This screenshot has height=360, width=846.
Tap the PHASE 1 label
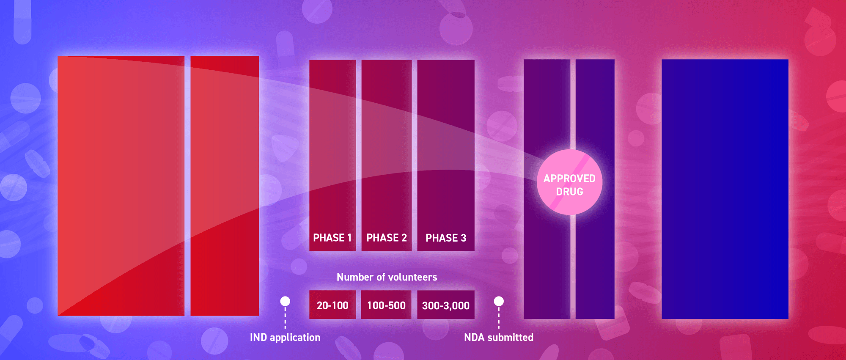332,238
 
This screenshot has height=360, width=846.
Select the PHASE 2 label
387,238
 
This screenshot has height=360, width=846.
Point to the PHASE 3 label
446,238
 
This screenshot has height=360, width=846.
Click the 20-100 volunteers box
332,305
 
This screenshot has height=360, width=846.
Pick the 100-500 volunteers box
386,305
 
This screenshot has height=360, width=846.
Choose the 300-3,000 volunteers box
446,305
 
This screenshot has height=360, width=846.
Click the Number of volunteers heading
387,277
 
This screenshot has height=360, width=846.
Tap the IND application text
285,338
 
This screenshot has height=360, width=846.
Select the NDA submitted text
499,338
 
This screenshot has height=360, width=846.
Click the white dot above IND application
285,301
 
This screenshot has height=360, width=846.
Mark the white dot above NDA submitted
499,301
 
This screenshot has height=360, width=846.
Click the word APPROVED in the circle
569,179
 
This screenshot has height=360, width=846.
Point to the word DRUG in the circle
569,192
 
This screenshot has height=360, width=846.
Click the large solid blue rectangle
725,189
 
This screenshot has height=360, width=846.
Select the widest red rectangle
121,186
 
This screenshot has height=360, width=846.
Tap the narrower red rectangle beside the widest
225,186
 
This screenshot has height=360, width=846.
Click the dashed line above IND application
285,318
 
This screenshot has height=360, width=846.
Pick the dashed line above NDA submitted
499,318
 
